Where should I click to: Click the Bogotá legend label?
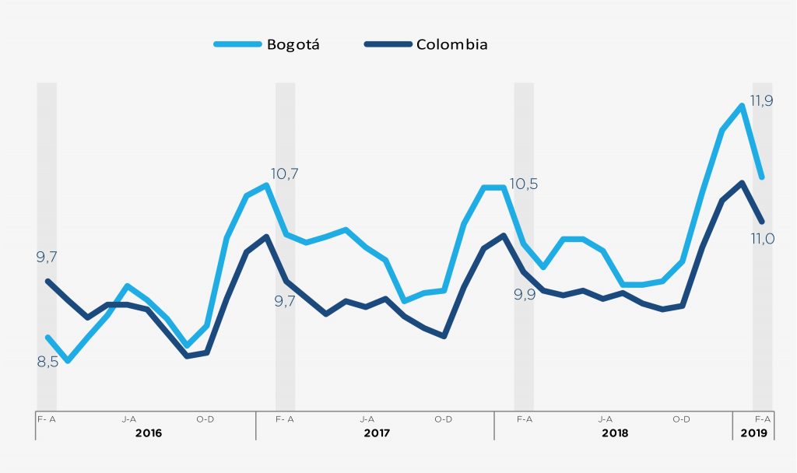pyautogui.click(x=293, y=44)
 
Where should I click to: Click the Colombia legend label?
pyautogui.click(x=451, y=44)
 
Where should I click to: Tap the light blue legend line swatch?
pyautogui.click(x=237, y=44)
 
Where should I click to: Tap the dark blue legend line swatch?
pyautogui.click(x=388, y=44)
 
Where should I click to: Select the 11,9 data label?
pyautogui.click(x=760, y=100)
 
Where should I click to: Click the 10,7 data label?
pyautogui.click(x=285, y=174)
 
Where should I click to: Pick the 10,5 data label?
pyautogui.click(x=524, y=184)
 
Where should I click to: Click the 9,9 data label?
pyautogui.click(x=524, y=295)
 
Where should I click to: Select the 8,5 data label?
pyautogui.click(x=47, y=362)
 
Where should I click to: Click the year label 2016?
pyautogui.click(x=148, y=432)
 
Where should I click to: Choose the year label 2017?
pyautogui.click(x=376, y=432)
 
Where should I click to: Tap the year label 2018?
pyautogui.click(x=615, y=432)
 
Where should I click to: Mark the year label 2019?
pyautogui.click(x=753, y=432)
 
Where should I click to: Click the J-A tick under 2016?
pyautogui.click(x=129, y=419)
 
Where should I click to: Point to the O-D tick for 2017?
pyautogui.click(x=443, y=419)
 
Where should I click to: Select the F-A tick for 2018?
pyautogui.click(x=524, y=419)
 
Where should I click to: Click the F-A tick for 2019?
pyautogui.click(x=762, y=419)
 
